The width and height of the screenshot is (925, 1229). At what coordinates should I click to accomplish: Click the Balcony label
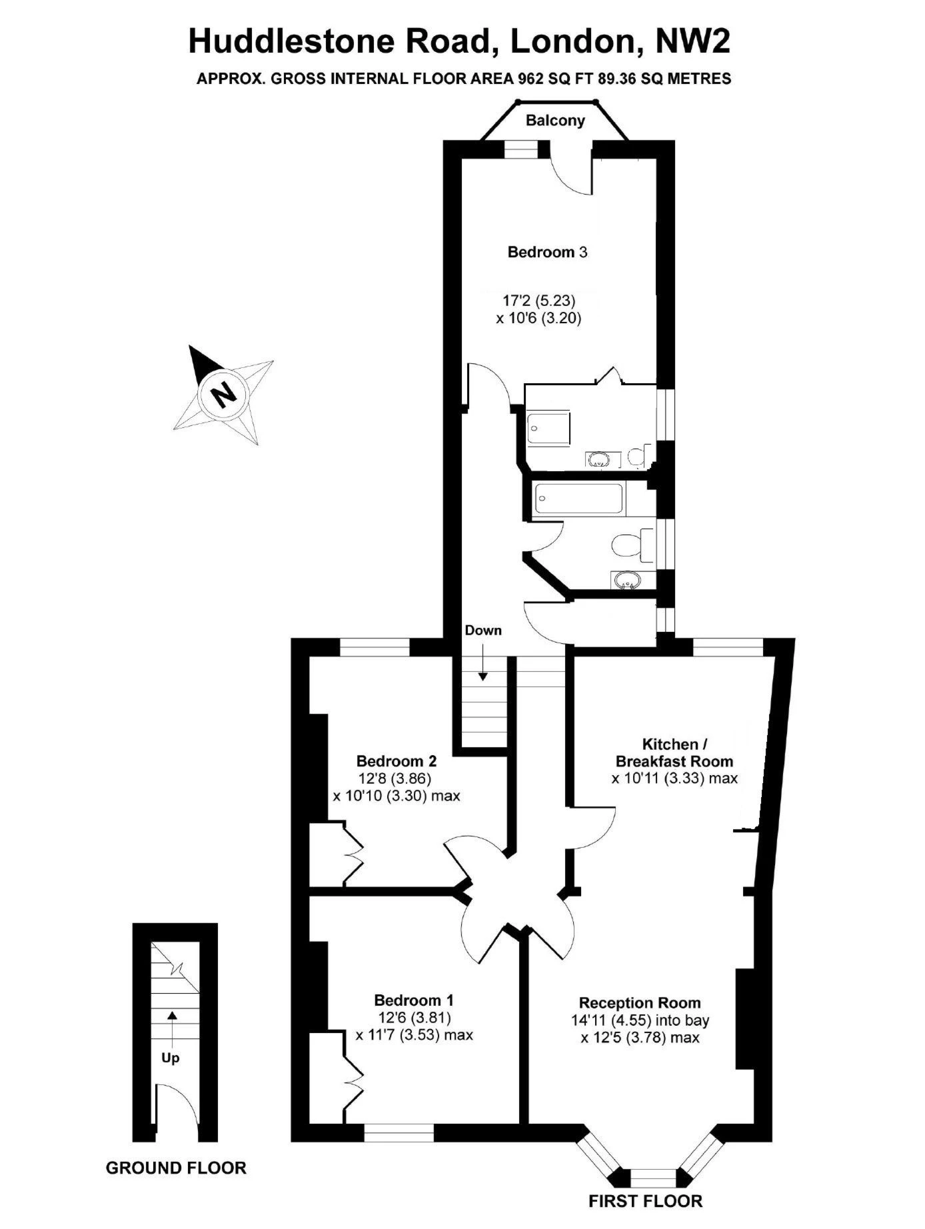pos(555,121)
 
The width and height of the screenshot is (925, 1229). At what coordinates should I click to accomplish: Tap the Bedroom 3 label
pos(548,252)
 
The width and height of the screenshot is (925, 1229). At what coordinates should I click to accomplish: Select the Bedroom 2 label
pos(396,760)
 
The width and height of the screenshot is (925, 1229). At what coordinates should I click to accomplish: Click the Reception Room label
pos(640,1002)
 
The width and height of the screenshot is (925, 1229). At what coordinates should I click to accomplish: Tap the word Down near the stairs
pos(483,630)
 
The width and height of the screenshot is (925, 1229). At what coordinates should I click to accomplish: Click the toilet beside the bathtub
pos(633,543)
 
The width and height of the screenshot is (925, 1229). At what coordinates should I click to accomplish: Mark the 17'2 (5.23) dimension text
pos(538,301)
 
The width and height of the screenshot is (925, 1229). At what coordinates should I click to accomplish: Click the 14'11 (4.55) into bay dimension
pos(640,1020)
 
